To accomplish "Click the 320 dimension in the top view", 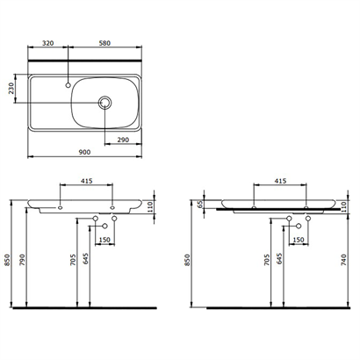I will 48,43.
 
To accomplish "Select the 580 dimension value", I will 105,43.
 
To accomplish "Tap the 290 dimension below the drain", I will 123,140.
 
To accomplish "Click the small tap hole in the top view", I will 68,85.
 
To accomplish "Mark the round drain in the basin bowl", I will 106,103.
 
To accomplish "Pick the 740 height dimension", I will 342,262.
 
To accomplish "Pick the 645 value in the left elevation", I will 85,261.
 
